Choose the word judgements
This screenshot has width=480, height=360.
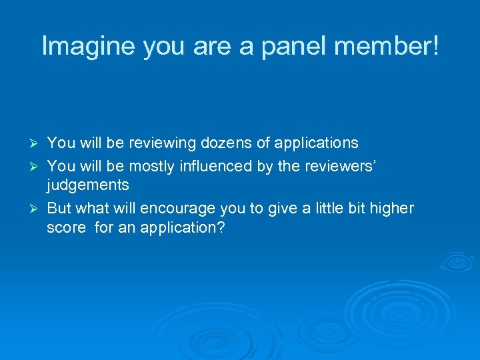point(87,185)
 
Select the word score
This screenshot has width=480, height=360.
point(66,228)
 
